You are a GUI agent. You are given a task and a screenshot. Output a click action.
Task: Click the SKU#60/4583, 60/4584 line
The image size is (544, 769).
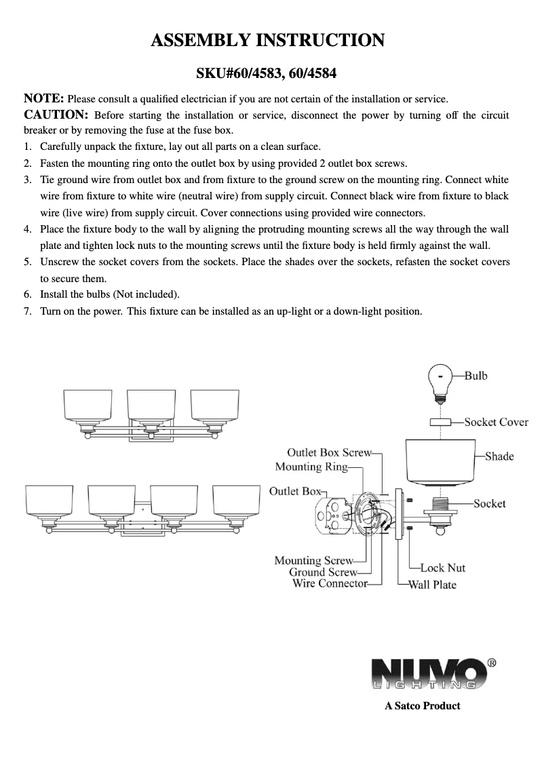267,73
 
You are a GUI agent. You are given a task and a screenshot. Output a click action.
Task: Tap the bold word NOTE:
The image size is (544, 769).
44,99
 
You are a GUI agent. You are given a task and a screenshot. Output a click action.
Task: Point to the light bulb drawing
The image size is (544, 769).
442,380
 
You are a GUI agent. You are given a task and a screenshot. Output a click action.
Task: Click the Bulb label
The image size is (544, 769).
475,375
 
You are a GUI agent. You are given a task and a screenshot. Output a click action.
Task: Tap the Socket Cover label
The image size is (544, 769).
496,422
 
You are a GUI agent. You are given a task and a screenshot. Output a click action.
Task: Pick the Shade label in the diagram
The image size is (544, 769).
499,456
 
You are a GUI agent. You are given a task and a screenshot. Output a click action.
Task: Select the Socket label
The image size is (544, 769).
490,503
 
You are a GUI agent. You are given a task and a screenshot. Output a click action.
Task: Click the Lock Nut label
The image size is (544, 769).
443,568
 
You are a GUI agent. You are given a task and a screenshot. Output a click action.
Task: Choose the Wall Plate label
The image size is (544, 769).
432,585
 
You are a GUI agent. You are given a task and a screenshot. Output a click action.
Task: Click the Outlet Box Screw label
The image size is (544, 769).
329,452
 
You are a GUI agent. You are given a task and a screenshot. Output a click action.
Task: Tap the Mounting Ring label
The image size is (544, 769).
311,467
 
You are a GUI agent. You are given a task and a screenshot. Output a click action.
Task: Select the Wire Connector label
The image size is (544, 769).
330,583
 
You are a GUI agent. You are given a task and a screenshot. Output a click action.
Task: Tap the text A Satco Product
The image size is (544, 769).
422,706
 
